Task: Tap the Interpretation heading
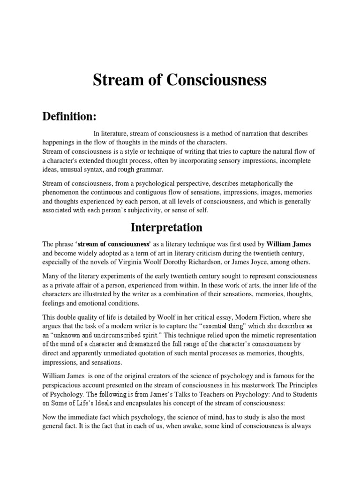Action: pyautogui.click(x=166, y=227)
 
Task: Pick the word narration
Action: pyautogui.click(x=240, y=134)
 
